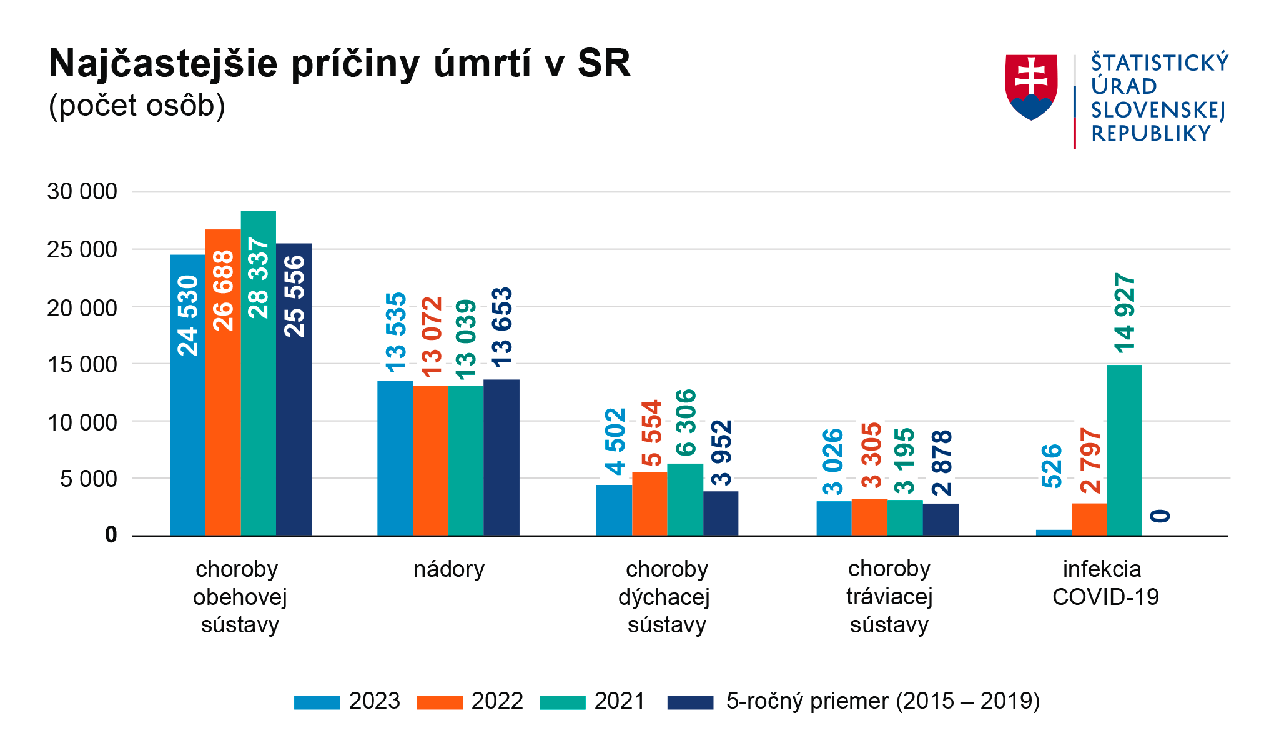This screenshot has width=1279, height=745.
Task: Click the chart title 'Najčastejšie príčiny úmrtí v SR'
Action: (340, 64)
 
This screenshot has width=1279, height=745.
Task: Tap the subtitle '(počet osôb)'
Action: (137, 106)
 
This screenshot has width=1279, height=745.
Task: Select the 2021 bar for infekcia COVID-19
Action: (1124, 450)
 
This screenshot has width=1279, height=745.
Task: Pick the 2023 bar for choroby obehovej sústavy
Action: (187, 395)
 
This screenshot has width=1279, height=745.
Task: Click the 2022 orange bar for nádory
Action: (430, 461)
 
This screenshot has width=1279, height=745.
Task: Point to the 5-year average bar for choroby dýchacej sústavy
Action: (721, 513)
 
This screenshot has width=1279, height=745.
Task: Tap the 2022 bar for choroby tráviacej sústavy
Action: (869, 517)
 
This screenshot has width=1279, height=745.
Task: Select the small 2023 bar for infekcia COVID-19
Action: (1054, 533)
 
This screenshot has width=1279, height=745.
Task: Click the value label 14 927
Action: (1125, 313)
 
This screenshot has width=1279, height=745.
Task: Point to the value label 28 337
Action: (259, 278)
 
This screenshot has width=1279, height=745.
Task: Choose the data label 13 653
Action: (501, 327)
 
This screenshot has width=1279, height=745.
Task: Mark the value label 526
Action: (1052, 466)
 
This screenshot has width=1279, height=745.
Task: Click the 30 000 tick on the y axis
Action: (82, 191)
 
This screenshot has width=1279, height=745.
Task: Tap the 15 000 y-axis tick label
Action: (82, 364)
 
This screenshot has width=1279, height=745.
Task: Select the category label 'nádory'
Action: (449, 569)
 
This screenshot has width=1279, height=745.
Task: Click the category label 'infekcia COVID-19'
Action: (1105, 583)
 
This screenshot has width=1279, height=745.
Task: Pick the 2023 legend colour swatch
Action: (317, 702)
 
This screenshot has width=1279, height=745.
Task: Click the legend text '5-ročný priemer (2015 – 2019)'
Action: (883, 701)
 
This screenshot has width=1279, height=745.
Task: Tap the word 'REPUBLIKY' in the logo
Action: (1151, 134)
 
